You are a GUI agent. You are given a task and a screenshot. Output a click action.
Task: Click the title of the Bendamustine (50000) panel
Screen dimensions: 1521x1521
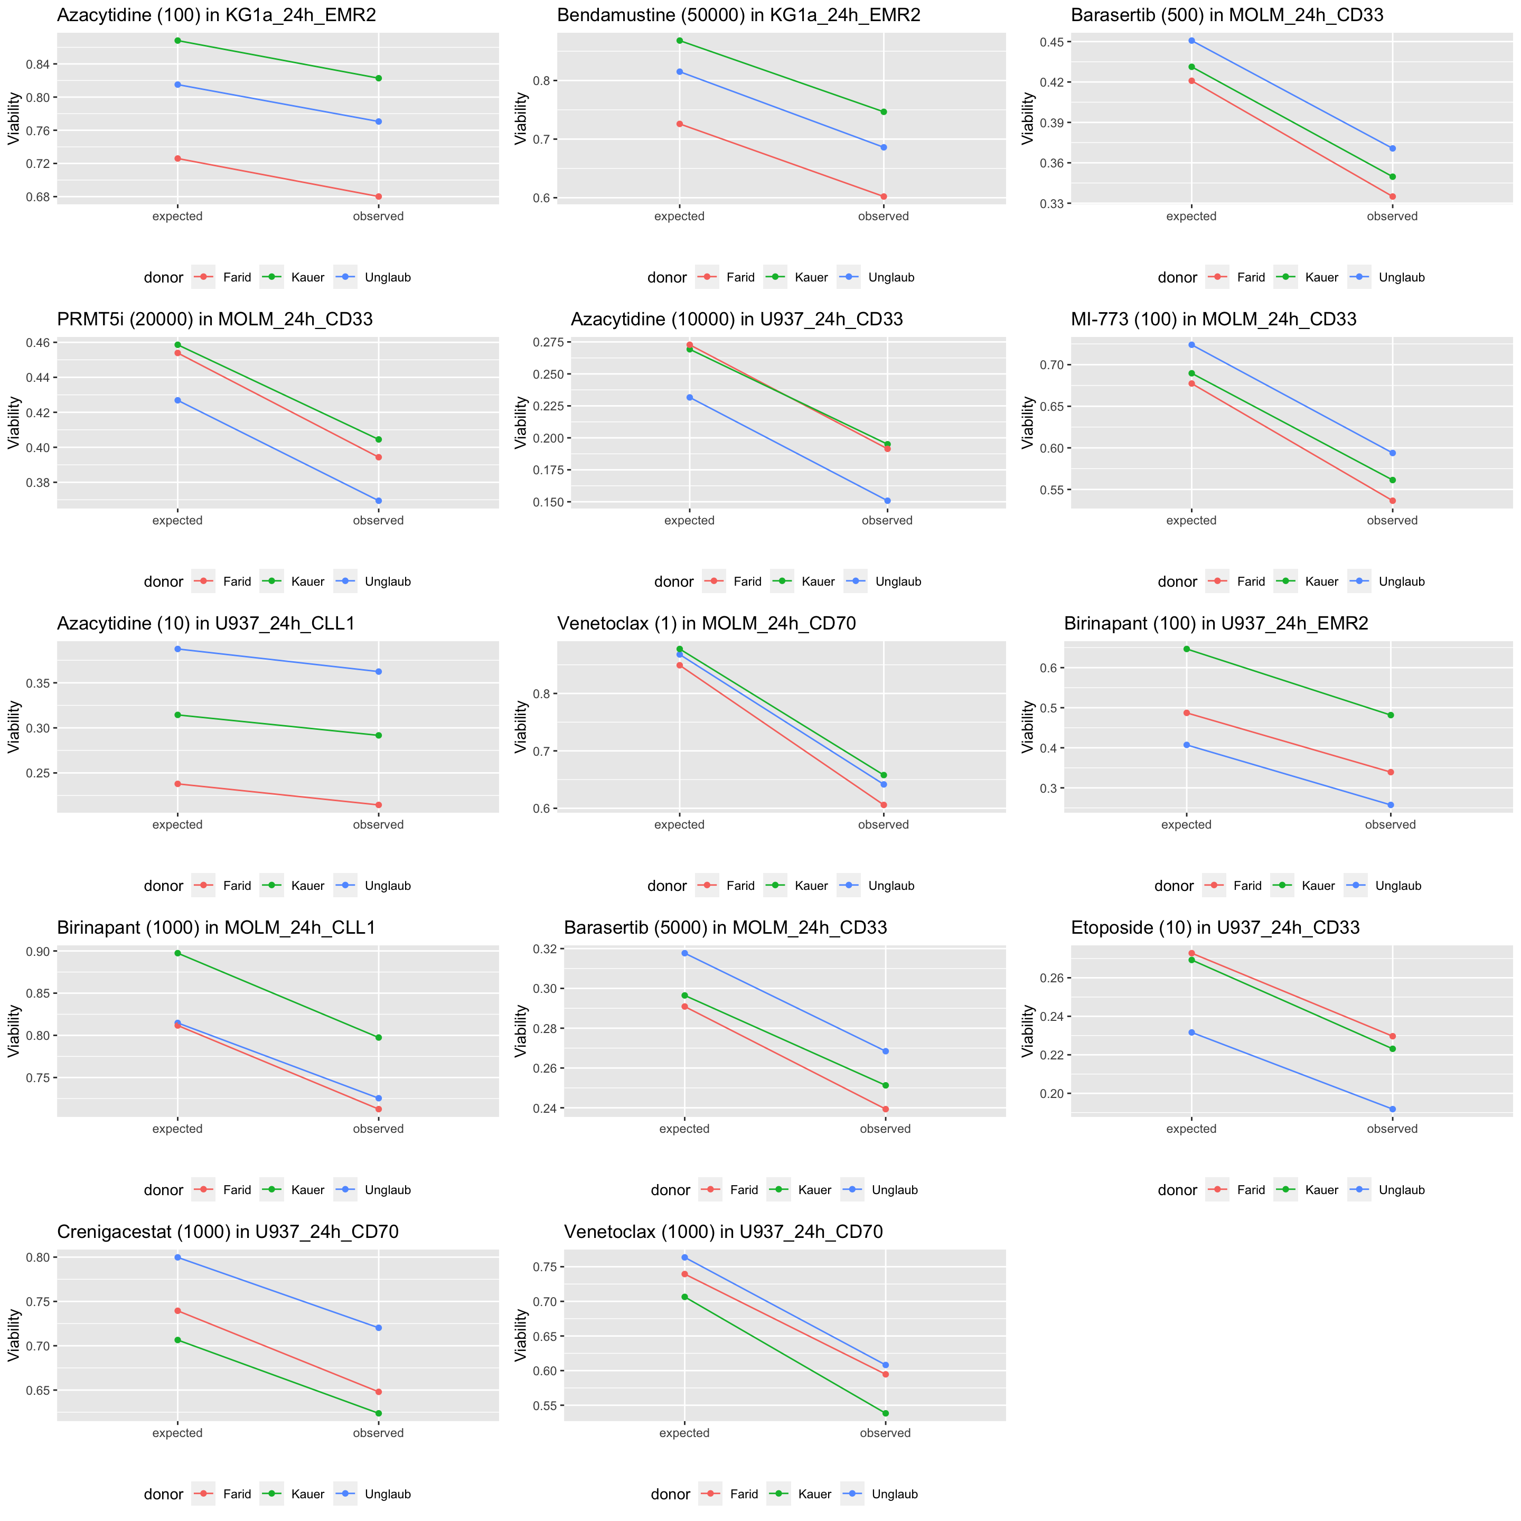(738, 15)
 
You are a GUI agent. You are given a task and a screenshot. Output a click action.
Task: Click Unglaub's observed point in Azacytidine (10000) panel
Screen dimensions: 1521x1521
(887, 501)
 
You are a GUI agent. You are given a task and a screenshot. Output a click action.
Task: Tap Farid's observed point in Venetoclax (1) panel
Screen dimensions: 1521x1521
(884, 804)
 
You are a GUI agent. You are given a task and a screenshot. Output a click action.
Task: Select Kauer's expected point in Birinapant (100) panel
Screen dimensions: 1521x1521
(1186, 649)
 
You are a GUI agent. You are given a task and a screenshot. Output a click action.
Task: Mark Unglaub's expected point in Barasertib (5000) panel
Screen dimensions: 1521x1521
(684, 953)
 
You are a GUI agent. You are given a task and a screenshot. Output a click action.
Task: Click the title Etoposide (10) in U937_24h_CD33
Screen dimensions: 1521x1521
(1215, 927)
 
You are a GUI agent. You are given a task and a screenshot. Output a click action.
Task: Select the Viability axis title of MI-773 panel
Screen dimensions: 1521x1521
(1028, 422)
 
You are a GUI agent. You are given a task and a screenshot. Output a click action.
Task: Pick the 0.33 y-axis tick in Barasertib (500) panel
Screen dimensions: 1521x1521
(1051, 203)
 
